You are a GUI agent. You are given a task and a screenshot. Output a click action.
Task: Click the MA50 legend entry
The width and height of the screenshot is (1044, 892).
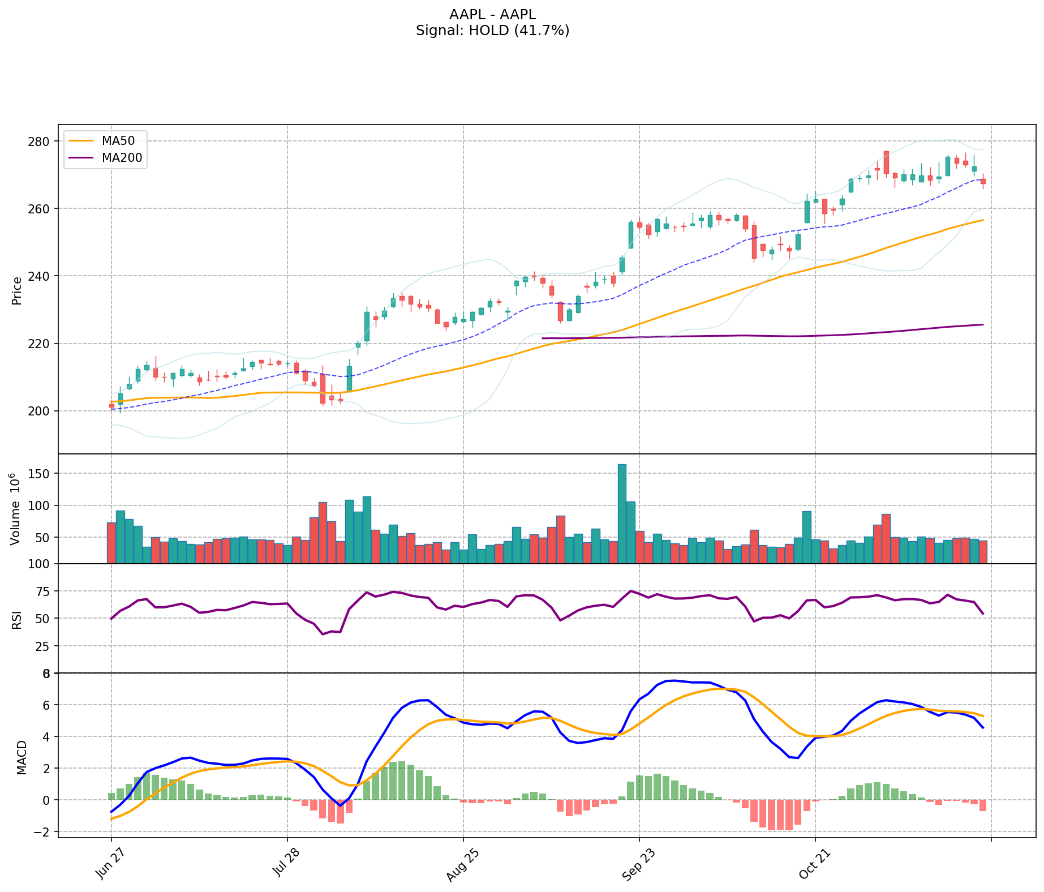(x=118, y=141)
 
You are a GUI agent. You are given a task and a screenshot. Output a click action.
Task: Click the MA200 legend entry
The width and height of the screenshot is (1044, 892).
(x=121, y=158)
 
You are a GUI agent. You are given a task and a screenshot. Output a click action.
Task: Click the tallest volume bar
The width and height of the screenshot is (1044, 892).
(x=622, y=513)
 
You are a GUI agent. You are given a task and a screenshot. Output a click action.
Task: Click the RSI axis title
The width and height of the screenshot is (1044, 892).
(x=16, y=619)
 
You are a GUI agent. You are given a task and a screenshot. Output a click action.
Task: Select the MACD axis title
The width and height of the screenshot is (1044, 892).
(x=22, y=757)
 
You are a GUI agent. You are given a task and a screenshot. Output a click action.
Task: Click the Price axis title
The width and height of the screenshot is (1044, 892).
(x=17, y=290)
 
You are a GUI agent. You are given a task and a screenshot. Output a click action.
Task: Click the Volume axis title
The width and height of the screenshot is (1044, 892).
(x=16, y=509)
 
